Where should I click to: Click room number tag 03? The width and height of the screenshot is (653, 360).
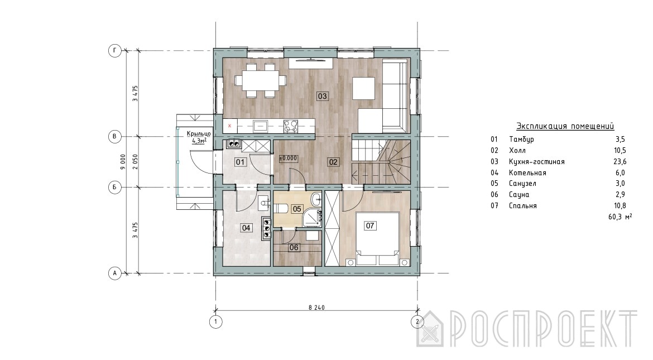(323, 96)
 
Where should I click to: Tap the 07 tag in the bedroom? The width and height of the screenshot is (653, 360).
(370, 226)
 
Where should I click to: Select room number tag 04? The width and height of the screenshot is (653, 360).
(246, 228)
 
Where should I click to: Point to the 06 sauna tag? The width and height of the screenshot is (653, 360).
(294, 247)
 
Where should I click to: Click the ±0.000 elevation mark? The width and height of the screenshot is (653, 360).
(288, 159)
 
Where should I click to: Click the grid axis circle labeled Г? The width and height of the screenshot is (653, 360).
(115, 51)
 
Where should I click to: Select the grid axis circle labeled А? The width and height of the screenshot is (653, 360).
(115, 273)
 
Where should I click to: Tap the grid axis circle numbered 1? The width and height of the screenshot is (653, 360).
(216, 321)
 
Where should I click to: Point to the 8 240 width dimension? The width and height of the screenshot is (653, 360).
(316, 308)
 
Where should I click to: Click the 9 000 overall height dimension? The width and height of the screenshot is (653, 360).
(122, 162)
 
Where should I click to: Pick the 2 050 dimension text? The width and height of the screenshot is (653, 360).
(135, 162)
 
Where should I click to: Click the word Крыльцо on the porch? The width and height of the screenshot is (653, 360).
(199, 134)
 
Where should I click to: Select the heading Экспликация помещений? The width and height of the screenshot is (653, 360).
(565, 126)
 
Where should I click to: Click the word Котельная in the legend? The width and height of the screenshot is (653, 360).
(527, 172)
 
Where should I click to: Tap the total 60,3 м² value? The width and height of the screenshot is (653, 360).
(620, 217)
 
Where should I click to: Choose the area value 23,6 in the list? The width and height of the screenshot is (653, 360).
(620, 162)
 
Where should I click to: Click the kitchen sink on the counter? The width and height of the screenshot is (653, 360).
(260, 126)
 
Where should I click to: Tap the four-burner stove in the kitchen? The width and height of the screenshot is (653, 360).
(290, 126)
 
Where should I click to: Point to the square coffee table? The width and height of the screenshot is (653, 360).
(363, 88)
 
